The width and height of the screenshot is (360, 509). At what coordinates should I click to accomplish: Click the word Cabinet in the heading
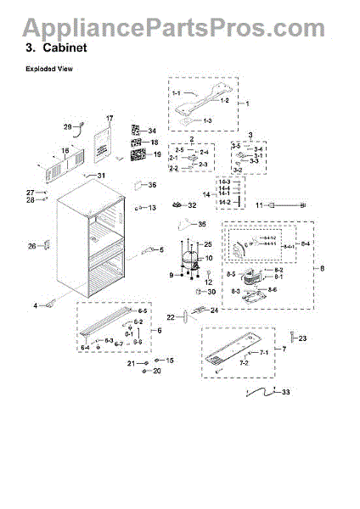(x=65, y=48)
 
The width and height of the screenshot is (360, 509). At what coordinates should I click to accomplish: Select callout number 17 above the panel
(x=109, y=118)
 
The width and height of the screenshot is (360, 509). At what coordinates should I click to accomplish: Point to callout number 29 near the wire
(x=68, y=127)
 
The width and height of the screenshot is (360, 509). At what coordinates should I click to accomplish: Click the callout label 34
(x=153, y=131)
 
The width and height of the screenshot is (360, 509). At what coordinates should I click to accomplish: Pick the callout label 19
(x=155, y=154)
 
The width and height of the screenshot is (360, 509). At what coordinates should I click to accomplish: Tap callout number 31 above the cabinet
(x=103, y=176)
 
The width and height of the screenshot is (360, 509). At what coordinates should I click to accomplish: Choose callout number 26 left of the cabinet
(x=31, y=246)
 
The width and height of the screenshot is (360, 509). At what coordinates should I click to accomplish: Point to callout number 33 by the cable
(x=285, y=392)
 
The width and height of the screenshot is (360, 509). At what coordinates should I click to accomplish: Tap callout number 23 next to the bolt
(x=303, y=338)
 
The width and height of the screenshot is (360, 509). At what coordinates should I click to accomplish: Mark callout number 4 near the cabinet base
(x=37, y=305)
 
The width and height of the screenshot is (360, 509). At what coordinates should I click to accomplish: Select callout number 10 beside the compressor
(x=208, y=257)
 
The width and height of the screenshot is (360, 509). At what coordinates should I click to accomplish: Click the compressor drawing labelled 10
(x=188, y=259)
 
